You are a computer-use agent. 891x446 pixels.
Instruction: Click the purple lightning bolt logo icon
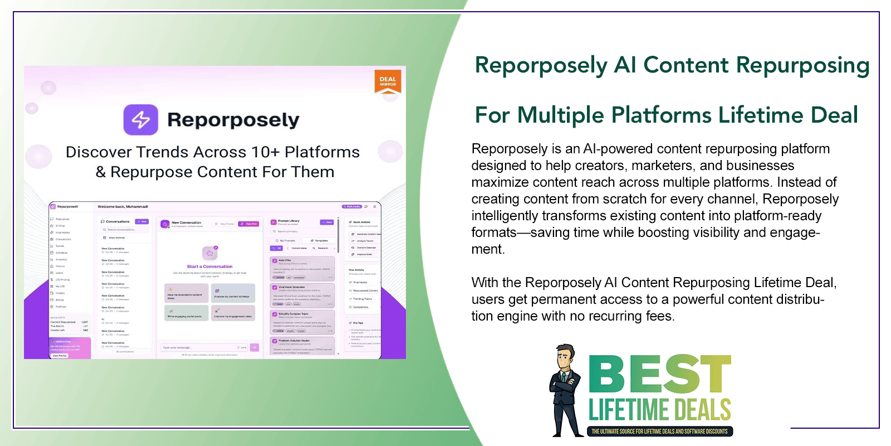coord(140,119)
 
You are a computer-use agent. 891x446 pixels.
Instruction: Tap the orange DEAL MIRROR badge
coord(388,81)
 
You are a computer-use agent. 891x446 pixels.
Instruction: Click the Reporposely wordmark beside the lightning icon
coord(233,120)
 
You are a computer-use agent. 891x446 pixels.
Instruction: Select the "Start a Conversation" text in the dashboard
coord(210,266)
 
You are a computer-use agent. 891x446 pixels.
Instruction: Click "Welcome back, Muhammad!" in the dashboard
coord(123,207)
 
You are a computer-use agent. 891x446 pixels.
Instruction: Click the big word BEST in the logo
coord(660,374)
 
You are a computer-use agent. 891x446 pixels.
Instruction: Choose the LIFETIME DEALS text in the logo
coord(660,410)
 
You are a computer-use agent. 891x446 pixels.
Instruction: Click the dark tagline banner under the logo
coord(660,432)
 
